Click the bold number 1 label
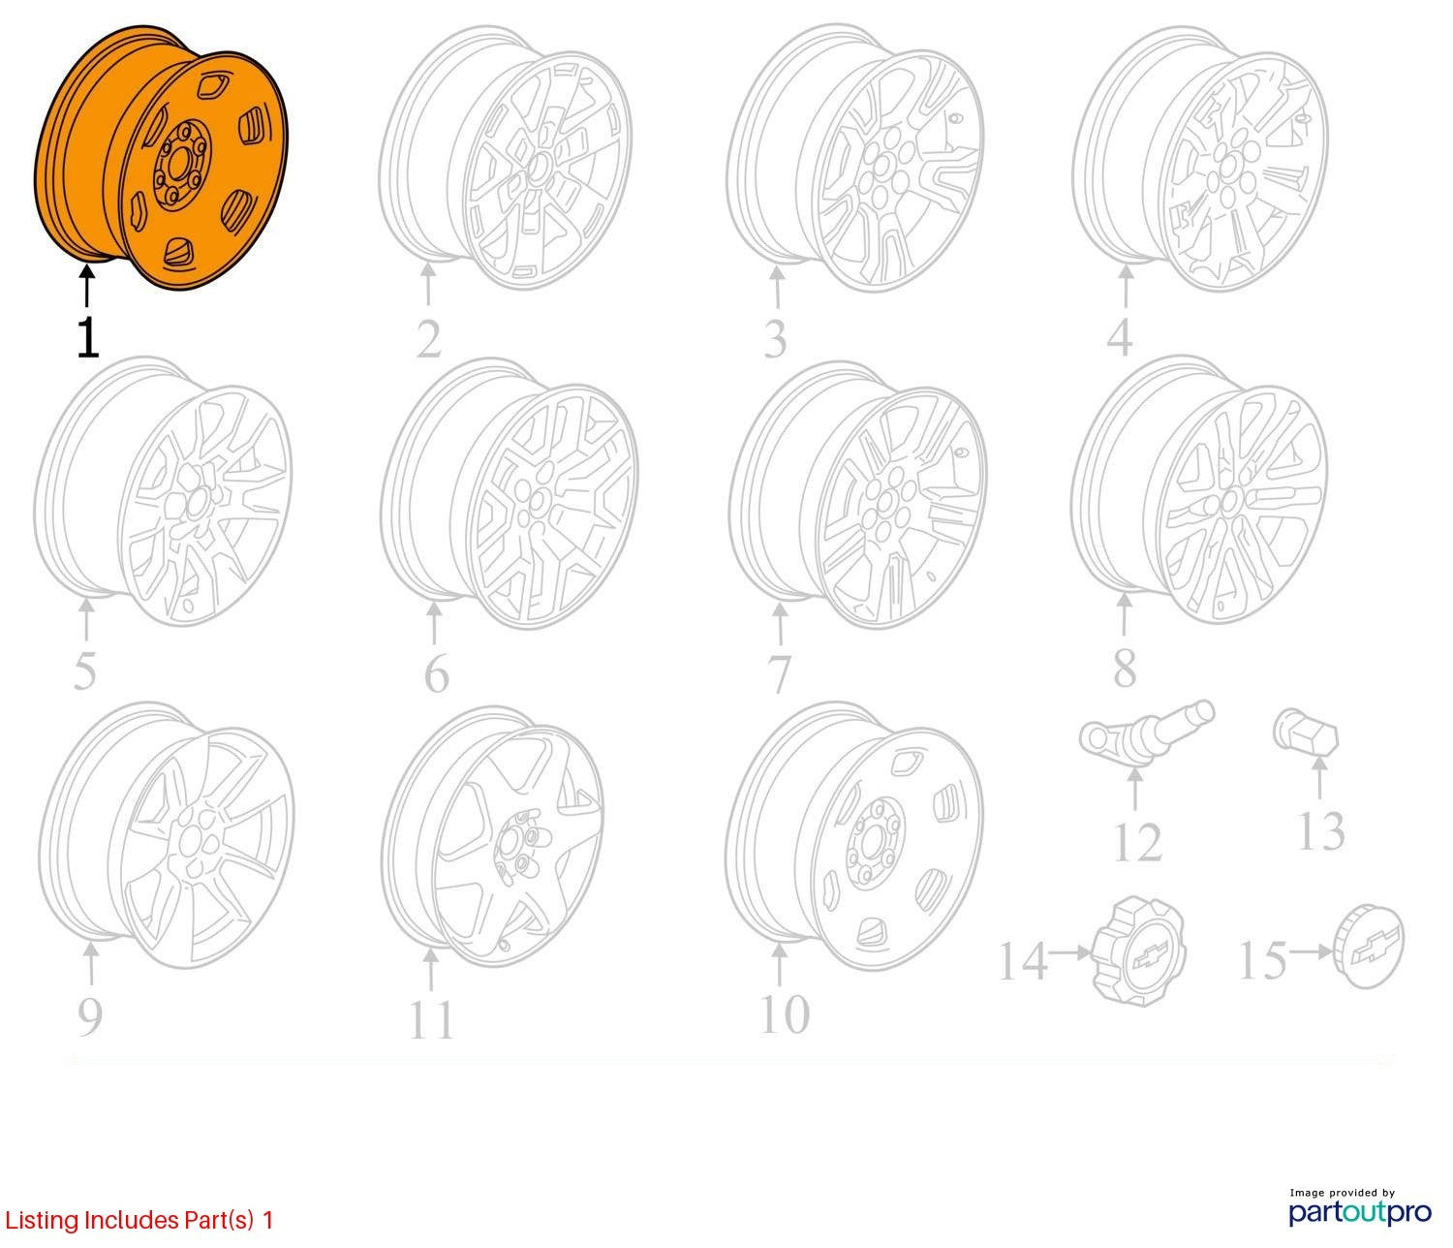[88, 338]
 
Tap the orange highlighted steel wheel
[161, 158]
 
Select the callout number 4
[1120, 338]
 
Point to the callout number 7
[779, 673]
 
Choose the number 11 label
[431, 1019]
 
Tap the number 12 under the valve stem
[1138, 842]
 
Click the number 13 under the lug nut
[1321, 830]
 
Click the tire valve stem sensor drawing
[1147, 734]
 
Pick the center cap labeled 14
[1139, 951]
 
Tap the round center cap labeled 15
[1368, 946]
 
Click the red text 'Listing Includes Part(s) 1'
[139, 1220]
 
